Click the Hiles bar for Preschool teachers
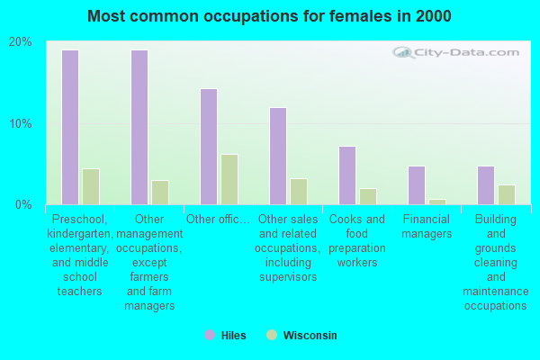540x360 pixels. click(x=70, y=127)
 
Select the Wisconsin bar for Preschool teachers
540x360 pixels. click(x=91, y=186)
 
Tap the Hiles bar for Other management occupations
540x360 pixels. click(x=139, y=127)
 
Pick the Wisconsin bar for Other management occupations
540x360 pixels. click(x=160, y=193)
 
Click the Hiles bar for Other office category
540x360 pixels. click(x=209, y=147)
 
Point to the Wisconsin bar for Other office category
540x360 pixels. click(x=229, y=179)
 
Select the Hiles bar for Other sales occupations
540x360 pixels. click(x=278, y=156)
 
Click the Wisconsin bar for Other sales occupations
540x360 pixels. click(x=299, y=192)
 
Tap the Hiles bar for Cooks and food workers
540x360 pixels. click(x=347, y=175)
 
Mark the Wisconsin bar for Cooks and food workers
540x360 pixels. click(x=368, y=196)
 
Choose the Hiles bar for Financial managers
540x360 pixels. click(x=417, y=185)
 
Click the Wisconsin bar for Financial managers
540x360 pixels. click(x=437, y=202)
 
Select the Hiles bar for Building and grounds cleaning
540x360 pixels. click(x=486, y=185)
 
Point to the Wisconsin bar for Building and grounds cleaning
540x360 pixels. click(x=507, y=194)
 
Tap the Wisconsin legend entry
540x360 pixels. click(x=301, y=336)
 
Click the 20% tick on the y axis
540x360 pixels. click(x=21, y=42)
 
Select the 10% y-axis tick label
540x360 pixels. click(x=21, y=123)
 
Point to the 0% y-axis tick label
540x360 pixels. click(x=23, y=204)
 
